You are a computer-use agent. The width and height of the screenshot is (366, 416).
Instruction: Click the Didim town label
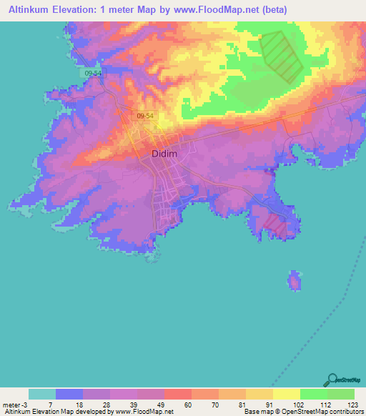(x=164, y=154)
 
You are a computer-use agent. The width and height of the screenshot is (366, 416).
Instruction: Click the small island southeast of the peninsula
(x=294, y=280)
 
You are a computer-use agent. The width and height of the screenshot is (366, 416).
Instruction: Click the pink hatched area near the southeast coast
(x=274, y=224)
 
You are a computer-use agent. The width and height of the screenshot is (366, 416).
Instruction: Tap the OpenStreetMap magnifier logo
(x=332, y=381)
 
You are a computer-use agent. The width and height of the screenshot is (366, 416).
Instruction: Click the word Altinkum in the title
(x=32, y=10)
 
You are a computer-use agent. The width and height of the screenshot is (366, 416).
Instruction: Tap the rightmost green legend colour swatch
(x=341, y=394)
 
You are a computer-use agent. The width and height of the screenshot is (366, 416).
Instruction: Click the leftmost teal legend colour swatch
(x=42, y=394)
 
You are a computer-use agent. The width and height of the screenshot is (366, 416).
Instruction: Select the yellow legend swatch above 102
(x=287, y=394)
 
